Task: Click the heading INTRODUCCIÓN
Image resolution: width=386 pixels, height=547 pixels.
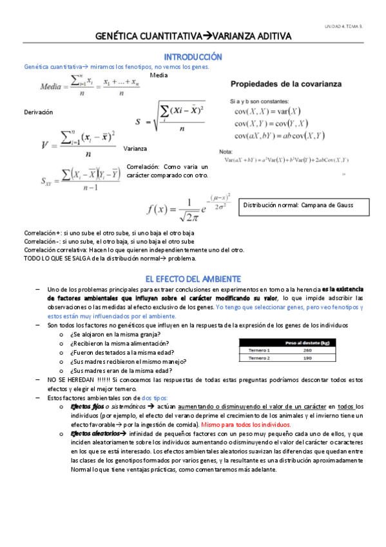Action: tap(193, 57)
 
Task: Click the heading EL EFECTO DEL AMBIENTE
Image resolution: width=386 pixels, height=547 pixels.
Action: tap(193, 279)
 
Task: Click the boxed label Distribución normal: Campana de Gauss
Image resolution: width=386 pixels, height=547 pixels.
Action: tap(298, 206)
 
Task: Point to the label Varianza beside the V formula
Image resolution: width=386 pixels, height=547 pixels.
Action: tap(135, 148)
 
